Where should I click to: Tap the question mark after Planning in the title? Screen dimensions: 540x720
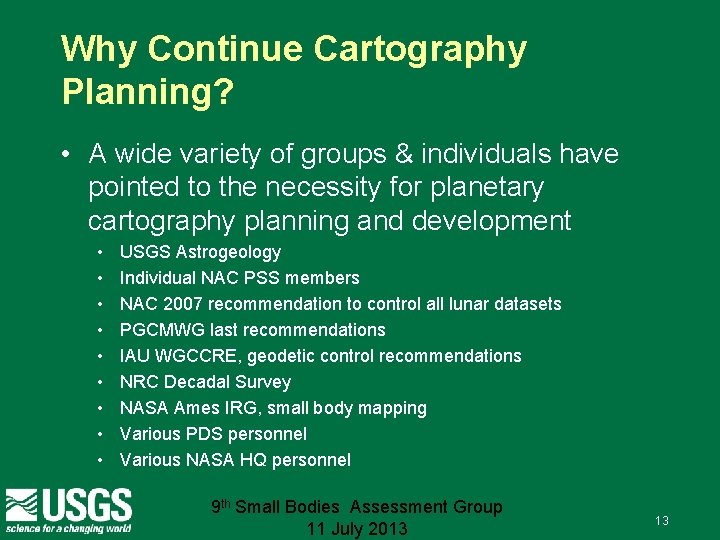225,91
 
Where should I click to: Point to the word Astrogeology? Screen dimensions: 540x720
228,252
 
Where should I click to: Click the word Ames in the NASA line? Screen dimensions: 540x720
200,408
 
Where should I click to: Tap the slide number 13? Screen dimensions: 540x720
661,521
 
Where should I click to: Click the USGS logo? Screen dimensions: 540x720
68,508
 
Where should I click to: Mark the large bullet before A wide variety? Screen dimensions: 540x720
65,155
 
